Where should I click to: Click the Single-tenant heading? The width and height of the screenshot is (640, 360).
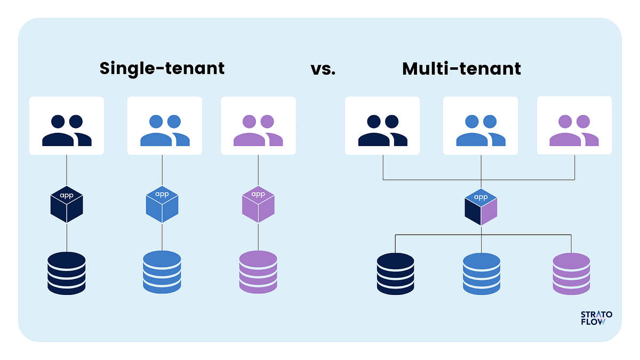pos(162,69)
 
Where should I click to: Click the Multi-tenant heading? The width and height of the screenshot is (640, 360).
pos(461,69)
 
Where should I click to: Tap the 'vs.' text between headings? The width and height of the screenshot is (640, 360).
pos(323,69)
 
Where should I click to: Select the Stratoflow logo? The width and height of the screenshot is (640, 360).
pos(596,318)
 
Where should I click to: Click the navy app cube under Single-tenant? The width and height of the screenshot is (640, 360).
pos(67,204)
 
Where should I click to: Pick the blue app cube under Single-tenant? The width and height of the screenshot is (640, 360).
pos(162,204)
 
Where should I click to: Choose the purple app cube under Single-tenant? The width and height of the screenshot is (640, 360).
pos(258,204)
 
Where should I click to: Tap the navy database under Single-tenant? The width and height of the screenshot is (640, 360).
pos(66,272)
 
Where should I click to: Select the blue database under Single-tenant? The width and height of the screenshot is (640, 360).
pos(162,272)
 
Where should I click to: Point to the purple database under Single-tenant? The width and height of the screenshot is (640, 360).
pos(258,272)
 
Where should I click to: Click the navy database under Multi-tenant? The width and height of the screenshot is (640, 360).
pos(395,273)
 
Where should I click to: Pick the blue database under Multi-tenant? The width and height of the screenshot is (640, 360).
pos(481,273)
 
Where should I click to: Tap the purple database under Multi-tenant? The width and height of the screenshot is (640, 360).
pos(571,273)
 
